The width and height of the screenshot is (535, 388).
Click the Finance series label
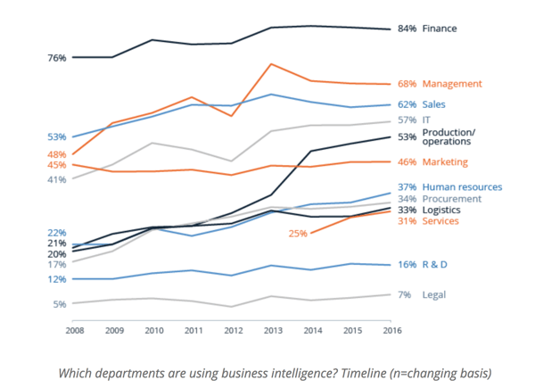pyautogui.click(x=439, y=29)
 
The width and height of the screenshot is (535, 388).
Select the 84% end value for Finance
pyautogui.click(x=407, y=29)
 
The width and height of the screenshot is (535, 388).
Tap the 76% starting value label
pyautogui.click(x=32, y=58)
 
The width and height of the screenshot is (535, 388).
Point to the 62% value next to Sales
pyautogui.click(x=407, y=104)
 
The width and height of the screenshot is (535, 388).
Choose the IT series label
pyautogui.click(x=427, y=120)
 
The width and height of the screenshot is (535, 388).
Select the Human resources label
pyautogui.click(x=462, y=186)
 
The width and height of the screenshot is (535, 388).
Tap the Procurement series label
pyautogui.click(x=452, y=199)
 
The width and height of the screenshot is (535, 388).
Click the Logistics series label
pyautogui.click(x=442, y=210)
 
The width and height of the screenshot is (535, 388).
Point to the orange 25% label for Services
pyautogui.click(x=298, y=234)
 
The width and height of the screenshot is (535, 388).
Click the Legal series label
pyautogui.click(x=433, y=294)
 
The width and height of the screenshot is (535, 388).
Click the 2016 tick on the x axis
pyautogui.click(x=390, y=330)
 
